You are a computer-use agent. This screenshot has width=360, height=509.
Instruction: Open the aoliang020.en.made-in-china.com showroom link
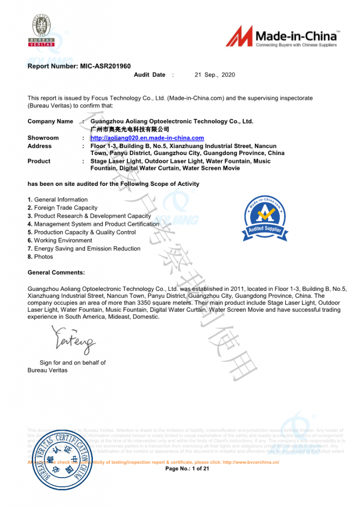click(147, 138)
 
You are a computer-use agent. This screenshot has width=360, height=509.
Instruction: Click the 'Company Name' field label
click(50, 121)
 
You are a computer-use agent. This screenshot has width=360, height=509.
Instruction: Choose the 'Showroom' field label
click(43, 138)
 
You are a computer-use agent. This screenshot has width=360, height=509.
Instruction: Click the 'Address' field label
click(39, 146)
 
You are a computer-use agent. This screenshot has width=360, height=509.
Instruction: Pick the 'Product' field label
click(39, 161)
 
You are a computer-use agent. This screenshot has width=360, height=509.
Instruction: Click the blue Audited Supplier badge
click(265, 217)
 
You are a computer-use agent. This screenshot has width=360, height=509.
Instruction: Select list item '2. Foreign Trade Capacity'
click(63, 208)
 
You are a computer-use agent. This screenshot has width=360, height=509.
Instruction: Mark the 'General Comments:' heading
click(56, 272)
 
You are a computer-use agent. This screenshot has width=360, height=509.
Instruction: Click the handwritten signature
click(74, 339)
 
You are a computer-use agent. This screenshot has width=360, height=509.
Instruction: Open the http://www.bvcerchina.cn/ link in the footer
click(251, 462)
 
